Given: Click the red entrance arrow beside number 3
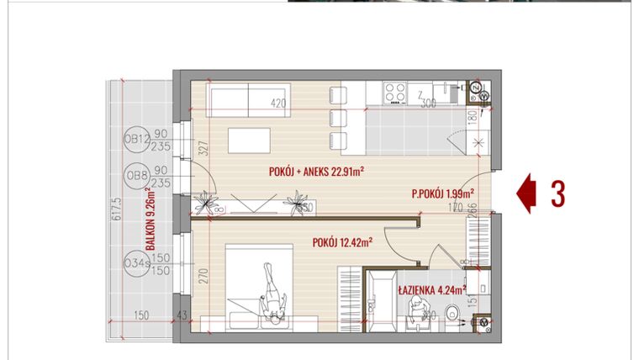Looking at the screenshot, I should (525, 193).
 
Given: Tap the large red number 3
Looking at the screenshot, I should (557, 193).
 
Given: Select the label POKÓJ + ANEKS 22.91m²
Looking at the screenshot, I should (321, 171).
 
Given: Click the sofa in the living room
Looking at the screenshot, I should (239, 100).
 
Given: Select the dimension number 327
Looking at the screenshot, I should (202, 151).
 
